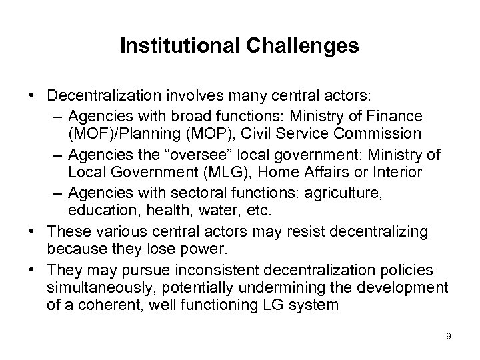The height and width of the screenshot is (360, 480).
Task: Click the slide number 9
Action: point(448,336)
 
